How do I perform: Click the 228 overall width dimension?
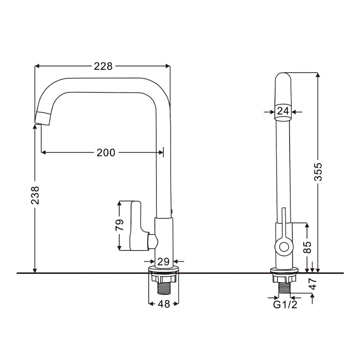[103, 66]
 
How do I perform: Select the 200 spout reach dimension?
[106, 153]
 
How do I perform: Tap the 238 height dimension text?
[35, 195]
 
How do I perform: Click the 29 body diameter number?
[163, 262]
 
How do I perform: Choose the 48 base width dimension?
[164, 304]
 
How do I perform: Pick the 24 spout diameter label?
[283, 112]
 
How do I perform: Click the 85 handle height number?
[307, 247]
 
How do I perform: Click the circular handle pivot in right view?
[284, 247]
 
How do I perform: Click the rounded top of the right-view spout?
[283, 77]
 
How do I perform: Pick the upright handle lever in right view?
[284, 223]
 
